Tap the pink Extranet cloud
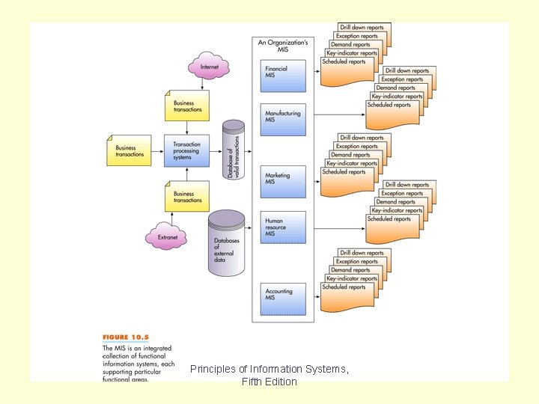point(168,237)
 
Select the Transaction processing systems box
point(186,151)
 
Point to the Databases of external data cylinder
point(227,244)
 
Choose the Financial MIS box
point(283,75)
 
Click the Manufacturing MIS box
point(283,119)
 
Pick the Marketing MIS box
point(283,180)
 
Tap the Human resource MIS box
point(283,227)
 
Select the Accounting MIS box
point(283,297)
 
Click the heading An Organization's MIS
point(283,46)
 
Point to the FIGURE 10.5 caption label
point(126,337)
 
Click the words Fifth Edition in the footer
point(269,382)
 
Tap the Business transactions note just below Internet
point(186,106)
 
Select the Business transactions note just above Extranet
point(186,197)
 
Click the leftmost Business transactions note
point(130,151)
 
